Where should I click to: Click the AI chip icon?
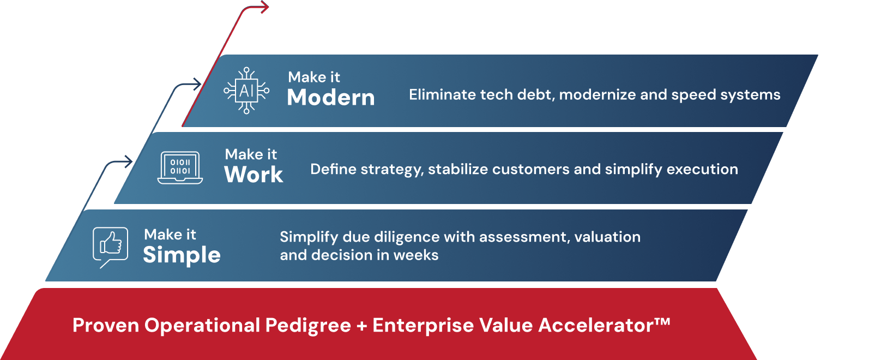point(246,91)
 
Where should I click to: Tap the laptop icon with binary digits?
point(180,167)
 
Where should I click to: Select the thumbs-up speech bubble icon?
point(111,247)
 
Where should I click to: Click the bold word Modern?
point(330,98)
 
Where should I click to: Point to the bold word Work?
point(254,174)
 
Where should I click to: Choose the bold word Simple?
point(182,255)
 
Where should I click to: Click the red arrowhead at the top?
point(264,7)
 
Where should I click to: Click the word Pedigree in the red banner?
point(308,326)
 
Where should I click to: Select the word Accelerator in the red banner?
point(595,325)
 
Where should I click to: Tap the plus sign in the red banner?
point(361,326)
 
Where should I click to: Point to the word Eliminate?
point(442,95)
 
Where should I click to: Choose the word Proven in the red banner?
point(106,326)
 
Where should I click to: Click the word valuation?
point(607,237)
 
